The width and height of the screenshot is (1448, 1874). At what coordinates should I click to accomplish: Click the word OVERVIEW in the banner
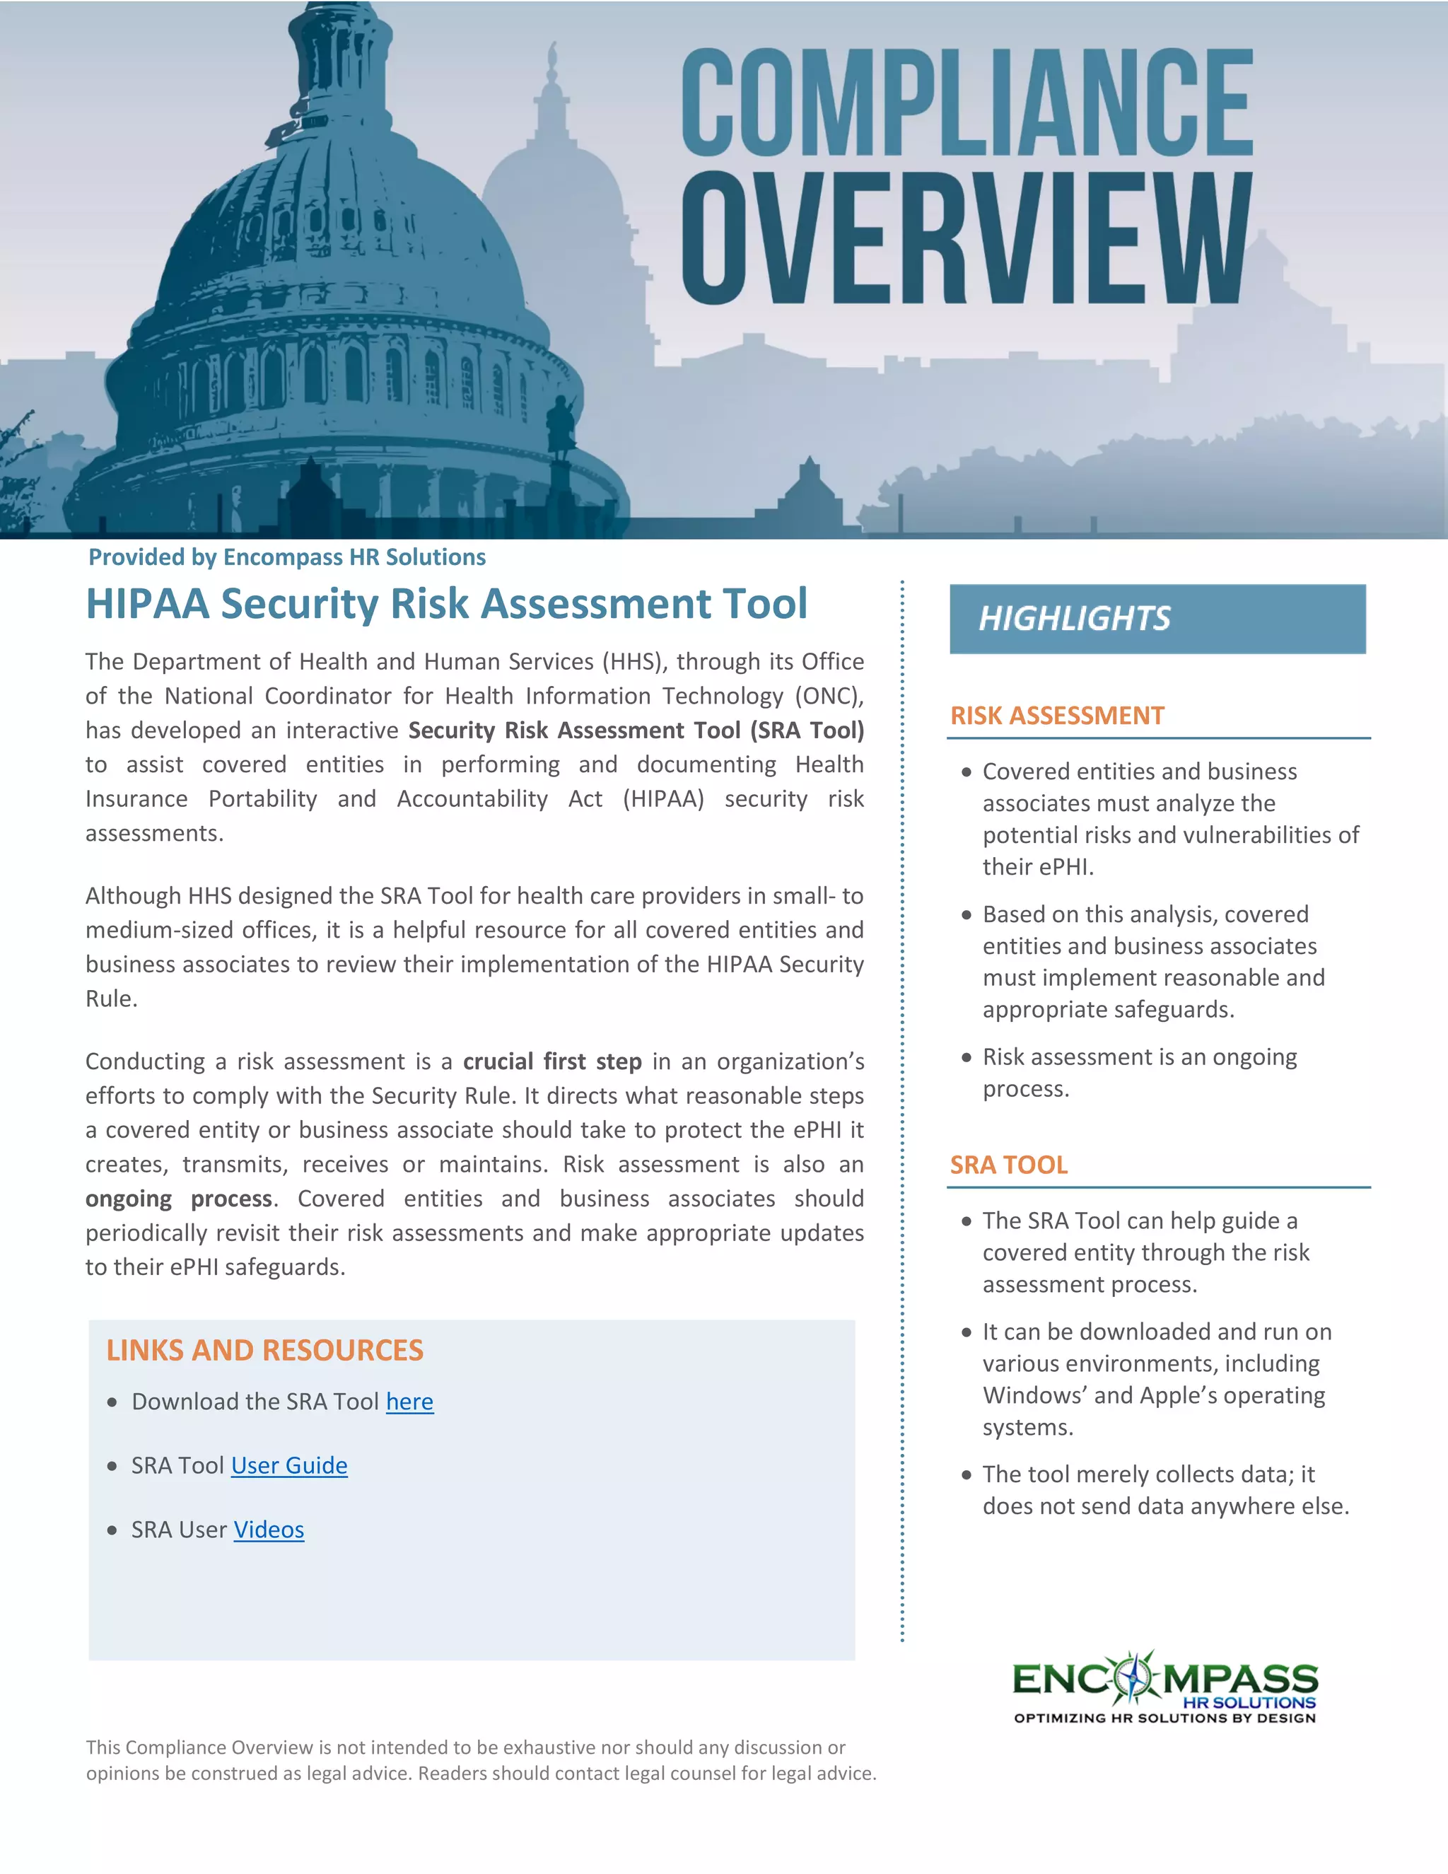pos(967,238)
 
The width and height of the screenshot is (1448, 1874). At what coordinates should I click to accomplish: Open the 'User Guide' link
pos(289,1465)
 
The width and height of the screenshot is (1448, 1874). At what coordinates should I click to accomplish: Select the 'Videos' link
pos(269,1530)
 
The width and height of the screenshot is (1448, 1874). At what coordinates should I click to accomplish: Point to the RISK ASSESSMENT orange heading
pos(1057,716)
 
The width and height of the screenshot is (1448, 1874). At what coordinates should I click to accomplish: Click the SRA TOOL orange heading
pos(1008,1165)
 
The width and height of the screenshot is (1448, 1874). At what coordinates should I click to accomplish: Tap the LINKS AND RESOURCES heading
pos(264,1351)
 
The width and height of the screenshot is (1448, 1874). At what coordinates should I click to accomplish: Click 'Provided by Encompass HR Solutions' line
pos(286,558)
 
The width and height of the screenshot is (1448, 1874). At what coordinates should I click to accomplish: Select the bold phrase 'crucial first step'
pos(551,1061)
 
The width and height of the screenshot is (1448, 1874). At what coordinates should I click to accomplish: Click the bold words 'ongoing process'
pos(178,1199)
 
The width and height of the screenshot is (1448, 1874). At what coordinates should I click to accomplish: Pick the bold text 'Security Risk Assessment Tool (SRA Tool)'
pos(636,731)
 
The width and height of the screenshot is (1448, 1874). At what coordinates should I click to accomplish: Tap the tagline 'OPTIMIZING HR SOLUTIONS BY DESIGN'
pos(1164,1718)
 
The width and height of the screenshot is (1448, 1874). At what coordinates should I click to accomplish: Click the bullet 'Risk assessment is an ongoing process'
pos(1138,1073)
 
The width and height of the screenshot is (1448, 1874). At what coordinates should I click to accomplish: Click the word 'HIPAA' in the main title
pos(148,603)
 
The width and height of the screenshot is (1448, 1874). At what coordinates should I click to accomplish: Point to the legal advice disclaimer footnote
pos(480,1760)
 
